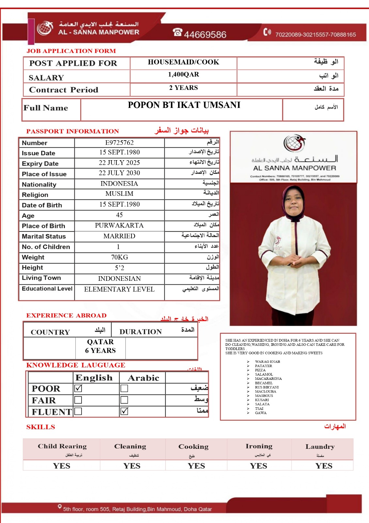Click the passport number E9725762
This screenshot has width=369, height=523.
point(119,143)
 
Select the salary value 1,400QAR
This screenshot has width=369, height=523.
point(183,75)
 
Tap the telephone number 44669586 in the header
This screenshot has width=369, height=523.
point(205,34)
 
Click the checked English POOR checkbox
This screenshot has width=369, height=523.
point(78,388)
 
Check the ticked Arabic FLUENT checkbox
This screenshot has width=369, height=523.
point(124,411)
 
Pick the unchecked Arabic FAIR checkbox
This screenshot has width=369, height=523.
point(124,400)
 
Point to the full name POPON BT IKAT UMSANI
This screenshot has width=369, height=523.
point(184,105)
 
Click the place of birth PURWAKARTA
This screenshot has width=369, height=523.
point(119,226)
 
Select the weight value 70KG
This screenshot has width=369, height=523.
point(119,257)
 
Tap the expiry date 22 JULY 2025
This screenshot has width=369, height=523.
point(119,163)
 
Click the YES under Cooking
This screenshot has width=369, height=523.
point(196,466)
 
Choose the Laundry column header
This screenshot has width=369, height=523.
point(320,447)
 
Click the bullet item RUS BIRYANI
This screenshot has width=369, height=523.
point(267,387)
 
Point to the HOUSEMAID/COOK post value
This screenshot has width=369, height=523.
point(183,62)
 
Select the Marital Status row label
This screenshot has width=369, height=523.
point(44,236)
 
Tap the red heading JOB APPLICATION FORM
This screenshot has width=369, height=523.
point(71,51)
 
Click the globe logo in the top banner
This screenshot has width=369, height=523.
point(45,28)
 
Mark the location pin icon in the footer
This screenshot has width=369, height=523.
point(60,507)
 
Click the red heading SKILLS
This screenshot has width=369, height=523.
point(41,427)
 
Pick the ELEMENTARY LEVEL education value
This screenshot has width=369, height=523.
point(119,289)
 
